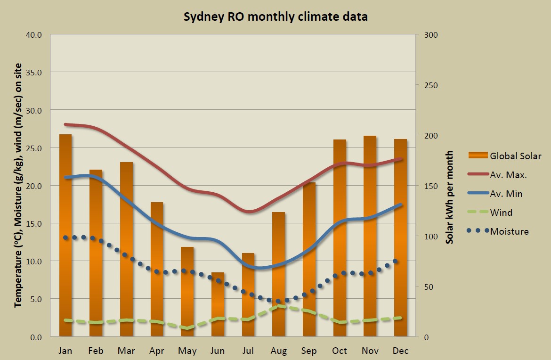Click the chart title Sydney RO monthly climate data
coord(275,17)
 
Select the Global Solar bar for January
coord(65,236)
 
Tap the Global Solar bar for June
coord(218,304)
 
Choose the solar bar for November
coord(370,236)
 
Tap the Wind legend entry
coord(501,213)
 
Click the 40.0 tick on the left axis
coord(34,35)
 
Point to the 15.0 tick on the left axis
coord(34,223)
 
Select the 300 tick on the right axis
coord(432,35)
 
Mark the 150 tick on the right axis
coord(432,186)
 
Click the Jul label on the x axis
coord(248,351)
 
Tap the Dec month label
coord(400,351)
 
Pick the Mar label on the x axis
coord(126,351)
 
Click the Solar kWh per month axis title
coord(450,197)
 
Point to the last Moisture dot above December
coord(396,261)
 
